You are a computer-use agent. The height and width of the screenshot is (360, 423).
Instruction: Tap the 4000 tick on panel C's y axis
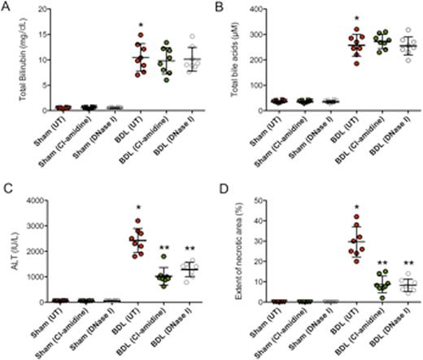click(37, 200)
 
